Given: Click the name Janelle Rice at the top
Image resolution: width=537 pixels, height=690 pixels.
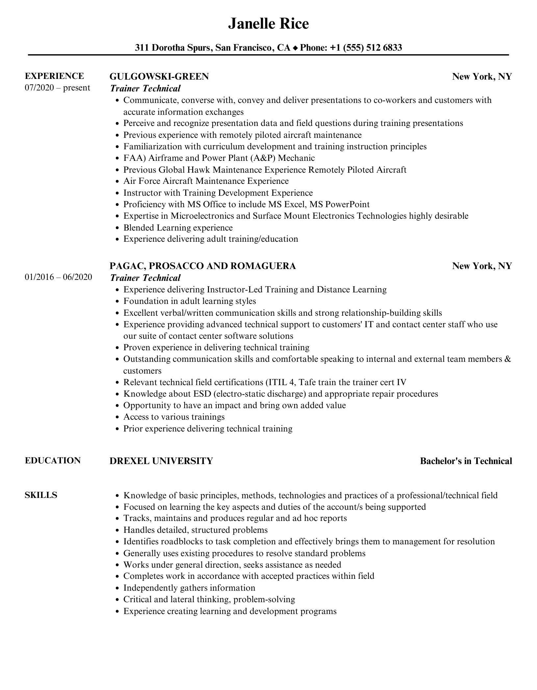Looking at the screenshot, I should pos(268,24).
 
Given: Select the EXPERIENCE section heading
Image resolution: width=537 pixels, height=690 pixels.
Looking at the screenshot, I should pos(54,76).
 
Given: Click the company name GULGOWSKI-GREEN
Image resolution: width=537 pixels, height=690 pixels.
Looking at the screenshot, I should pos(159,77).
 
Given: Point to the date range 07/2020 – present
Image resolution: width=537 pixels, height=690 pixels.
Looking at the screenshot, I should pos(57,88).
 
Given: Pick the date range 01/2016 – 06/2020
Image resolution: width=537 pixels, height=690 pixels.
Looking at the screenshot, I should pos(58,277).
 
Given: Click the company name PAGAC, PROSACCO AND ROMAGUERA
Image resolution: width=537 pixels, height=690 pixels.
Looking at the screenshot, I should pos(202,266).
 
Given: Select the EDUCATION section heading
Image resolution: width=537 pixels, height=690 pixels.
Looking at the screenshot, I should pos(53,460).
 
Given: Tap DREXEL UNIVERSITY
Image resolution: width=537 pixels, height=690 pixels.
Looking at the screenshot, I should pos(161,461).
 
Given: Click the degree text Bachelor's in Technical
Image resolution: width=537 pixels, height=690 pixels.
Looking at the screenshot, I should pos(466,461).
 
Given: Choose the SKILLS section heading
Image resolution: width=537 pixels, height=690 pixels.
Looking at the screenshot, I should pos(41,495).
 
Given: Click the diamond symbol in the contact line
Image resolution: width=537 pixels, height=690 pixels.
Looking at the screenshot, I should pos(295,48).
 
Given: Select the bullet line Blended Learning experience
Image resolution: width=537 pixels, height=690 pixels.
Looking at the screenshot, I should pos(178,228).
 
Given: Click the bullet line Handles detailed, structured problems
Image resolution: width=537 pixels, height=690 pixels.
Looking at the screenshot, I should pos(195,530).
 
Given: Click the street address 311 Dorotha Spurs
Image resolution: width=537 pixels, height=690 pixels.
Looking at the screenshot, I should pos(173,48).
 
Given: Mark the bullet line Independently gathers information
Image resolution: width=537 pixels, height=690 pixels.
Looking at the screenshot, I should pos(189,588).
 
